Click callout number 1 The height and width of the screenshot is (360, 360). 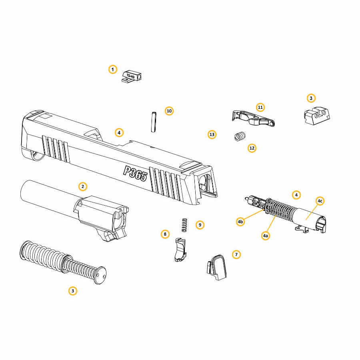click(112, 69)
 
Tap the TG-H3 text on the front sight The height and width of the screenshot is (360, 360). click(131, 76)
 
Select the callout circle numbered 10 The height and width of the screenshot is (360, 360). click(169, 111)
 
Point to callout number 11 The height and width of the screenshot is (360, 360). click(260, 107)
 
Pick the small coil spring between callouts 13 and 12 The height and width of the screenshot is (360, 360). click(240, 136)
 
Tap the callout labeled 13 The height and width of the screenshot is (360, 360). click(212, 134)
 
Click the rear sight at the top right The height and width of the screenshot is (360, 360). click(317, 116)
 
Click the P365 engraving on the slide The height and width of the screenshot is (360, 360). click(135, 174)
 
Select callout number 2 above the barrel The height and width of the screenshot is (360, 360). click(83, 186)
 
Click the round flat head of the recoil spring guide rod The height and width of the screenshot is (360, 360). click(100, 275)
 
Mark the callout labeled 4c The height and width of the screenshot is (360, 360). click(320, 201)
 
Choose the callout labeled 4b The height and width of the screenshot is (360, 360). click(240, 222)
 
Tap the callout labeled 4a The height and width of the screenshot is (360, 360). click(266, 236)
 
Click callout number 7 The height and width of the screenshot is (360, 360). click(236, 254)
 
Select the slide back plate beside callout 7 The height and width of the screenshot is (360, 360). click(217, 267)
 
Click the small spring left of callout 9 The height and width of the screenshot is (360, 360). click(184, 225)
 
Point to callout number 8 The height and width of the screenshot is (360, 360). click(165, 234)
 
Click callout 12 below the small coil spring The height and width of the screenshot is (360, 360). click(252, 148)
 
